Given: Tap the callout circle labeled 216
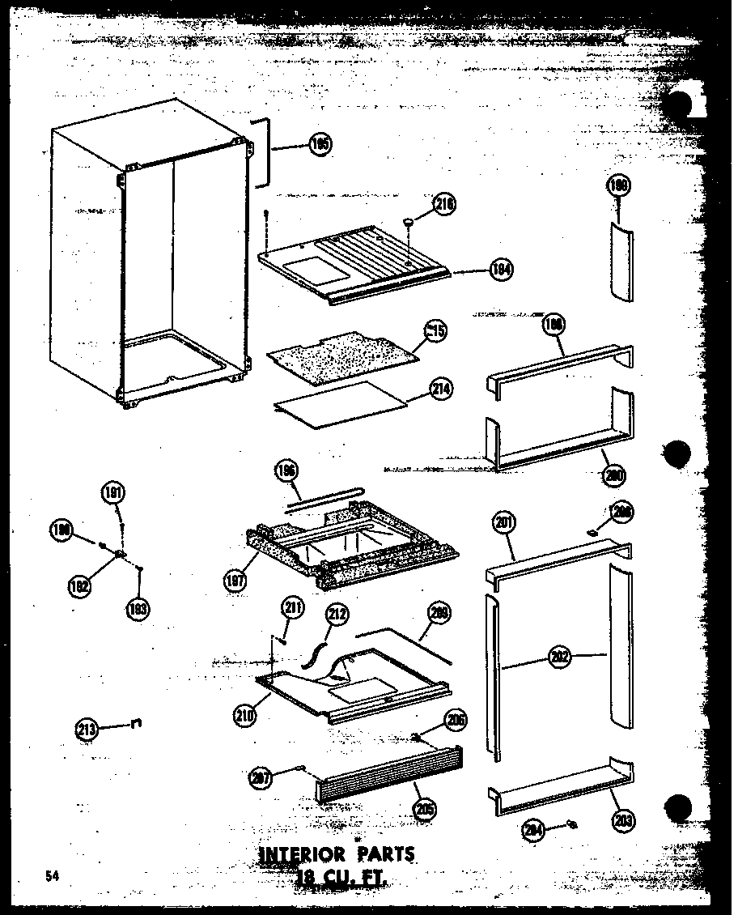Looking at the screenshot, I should click(444, 203).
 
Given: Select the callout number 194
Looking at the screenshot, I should click(501, 270).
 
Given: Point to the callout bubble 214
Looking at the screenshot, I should click(441, 389).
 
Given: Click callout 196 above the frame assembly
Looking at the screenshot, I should click(287, 470).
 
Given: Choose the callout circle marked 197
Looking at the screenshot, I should click(235, 579).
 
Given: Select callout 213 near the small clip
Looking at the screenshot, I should click(87, 730).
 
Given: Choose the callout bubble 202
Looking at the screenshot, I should click(558, 658).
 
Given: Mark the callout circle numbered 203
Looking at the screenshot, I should click(623, 820).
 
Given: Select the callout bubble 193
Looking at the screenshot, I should click(138, 608).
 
